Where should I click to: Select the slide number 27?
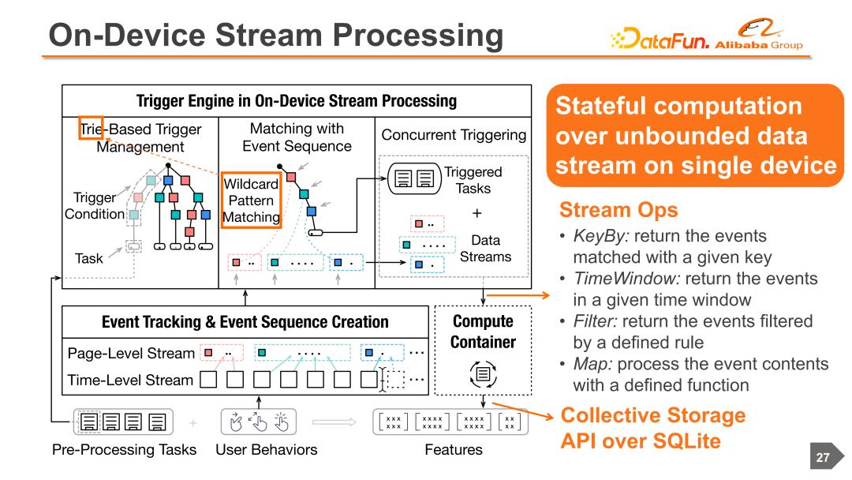[x=823, y=457]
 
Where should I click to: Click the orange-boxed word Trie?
[x=91, y=129]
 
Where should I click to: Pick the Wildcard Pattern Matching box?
[x=251, y=200]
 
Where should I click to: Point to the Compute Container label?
[x=483, y=332]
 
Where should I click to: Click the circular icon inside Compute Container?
[x=483, y=374]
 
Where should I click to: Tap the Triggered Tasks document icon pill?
[x=414, y=178]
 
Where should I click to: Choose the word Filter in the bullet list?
[x=595, y=321]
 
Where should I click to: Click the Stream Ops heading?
[x=619, y=210]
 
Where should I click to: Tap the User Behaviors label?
[x=267, y=449]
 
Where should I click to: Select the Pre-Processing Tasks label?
[x=125, y=449]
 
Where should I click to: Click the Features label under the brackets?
[x=454, y=449]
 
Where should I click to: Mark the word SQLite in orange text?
[x=687, y=441]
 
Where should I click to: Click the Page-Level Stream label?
[x=131, y=354]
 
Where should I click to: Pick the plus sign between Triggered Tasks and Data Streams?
[x=476, y=213]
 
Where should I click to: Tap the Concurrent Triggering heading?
[x=454, y=135]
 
